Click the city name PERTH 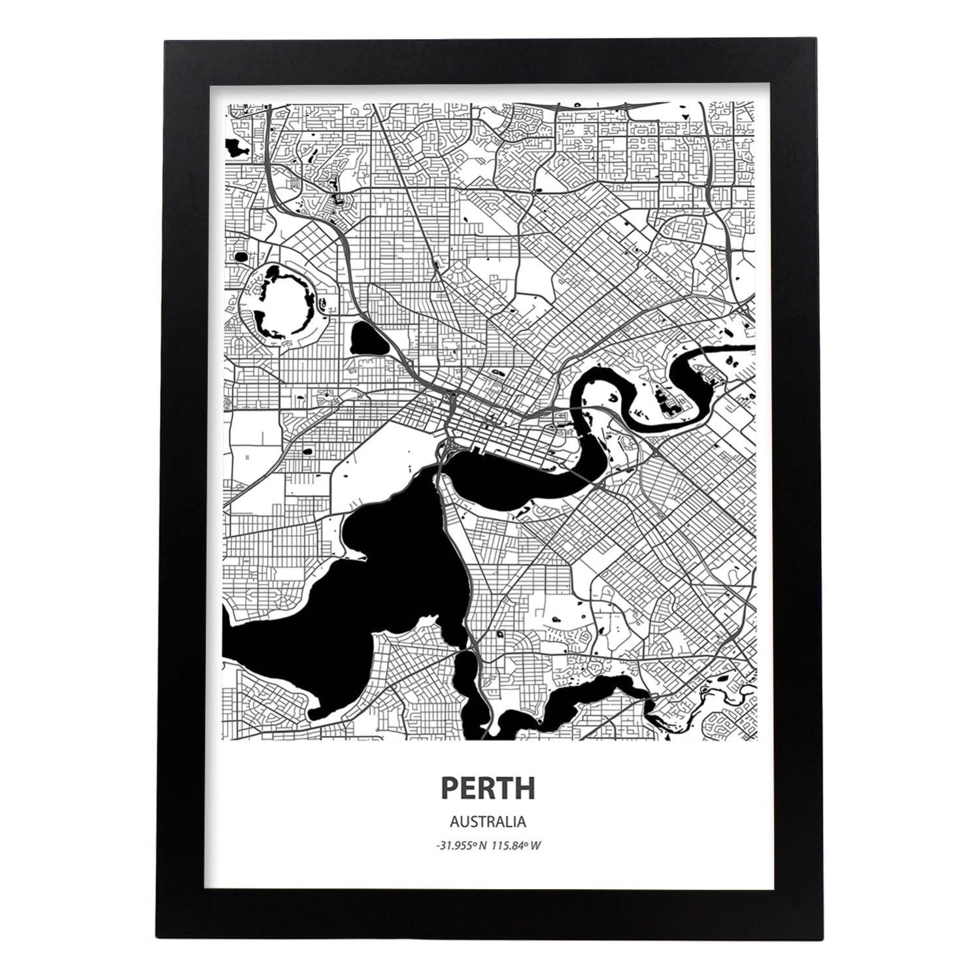[x=488, y=788]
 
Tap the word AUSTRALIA [x=488, y=820]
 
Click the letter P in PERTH [x=450, y=788]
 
